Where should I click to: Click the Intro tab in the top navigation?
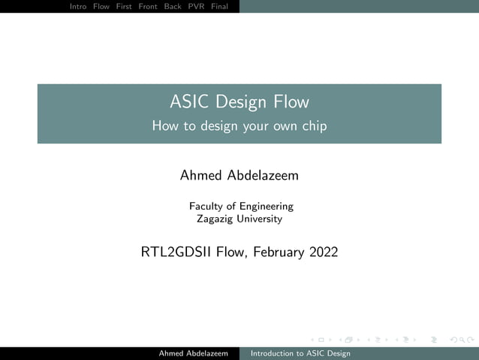tap(77, 6)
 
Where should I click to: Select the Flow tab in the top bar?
tap(101, 6)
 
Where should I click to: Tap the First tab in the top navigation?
tap(124, 6)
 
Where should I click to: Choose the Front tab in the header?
tap(148, 6)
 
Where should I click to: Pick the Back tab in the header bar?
tap(173, 6)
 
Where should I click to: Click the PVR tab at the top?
tap(196, 6)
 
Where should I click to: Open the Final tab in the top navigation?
tap(219, 6)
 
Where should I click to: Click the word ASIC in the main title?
tap(188, 102)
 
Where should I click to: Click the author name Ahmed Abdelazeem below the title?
tap(239, 176)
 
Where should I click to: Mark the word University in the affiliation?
tap(259, 219)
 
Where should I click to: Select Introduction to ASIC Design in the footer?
tap(300, 353)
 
